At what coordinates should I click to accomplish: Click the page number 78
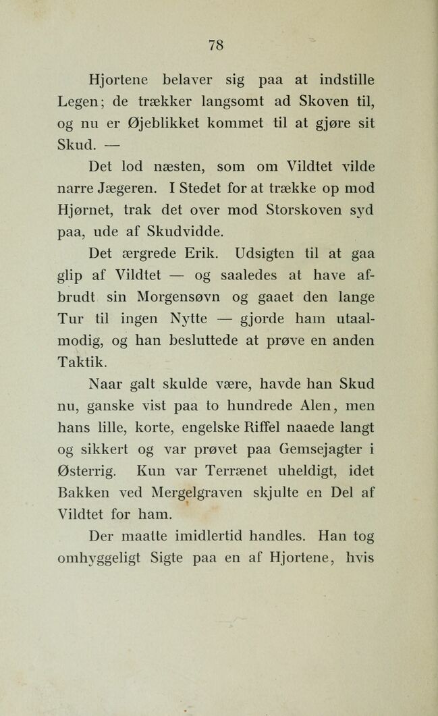coord(215,45)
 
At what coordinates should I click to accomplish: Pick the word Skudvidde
coord(181,232)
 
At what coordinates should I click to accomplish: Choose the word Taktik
coord(80,362)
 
